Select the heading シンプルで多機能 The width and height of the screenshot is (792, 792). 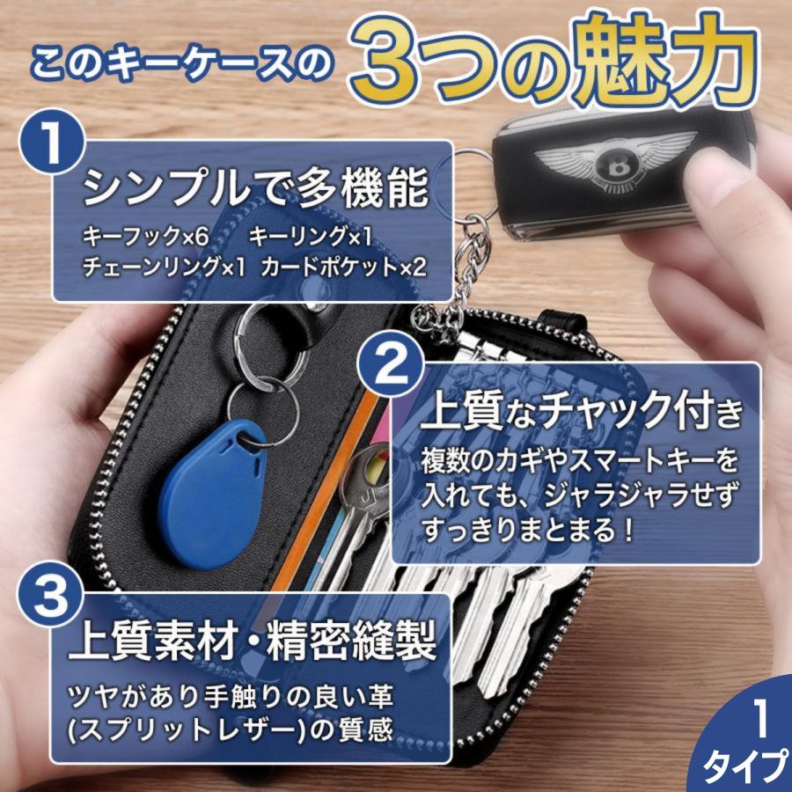[255, 188]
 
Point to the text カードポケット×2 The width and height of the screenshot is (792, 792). [343, 267]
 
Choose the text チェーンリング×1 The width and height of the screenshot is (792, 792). [164, 267]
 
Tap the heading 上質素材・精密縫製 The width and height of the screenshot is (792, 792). [252, 641]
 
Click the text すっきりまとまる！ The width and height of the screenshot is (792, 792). [528, 531]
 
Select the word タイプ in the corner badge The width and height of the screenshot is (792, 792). [746, 767]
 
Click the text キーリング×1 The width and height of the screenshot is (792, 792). [310, 237]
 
